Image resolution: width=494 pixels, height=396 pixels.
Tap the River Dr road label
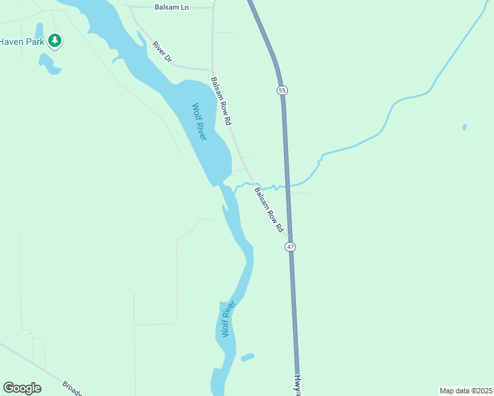(x=162, y=52)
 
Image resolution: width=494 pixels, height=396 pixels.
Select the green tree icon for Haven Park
(x=55, y=41)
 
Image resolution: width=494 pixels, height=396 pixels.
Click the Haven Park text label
(x=21, y=41)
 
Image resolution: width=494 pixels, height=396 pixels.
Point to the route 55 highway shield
(x=282, y=90)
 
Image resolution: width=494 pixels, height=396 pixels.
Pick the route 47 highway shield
(x=291, y=246)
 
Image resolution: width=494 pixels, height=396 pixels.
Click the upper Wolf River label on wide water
(x=199, y=121)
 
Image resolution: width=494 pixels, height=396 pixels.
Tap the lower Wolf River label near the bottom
(x=228, y=319)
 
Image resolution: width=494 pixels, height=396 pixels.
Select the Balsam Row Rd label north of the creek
(x=221, y=101)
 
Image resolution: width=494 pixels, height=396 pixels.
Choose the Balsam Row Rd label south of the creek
(x=269, y=210)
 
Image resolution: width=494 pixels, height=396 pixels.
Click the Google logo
(x=22, y=388)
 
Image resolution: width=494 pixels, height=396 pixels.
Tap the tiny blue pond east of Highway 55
(x=465, y=127)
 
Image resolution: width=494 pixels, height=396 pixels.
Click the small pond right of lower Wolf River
(x=248, y=357)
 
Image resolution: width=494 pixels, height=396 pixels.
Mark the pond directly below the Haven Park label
(x=48, y=63)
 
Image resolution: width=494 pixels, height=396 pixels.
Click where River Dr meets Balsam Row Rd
(x=212, y=70)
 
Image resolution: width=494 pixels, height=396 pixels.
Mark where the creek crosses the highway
(x=287, y=186)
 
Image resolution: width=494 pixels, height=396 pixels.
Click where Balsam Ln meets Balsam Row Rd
(x=213, y=7)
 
